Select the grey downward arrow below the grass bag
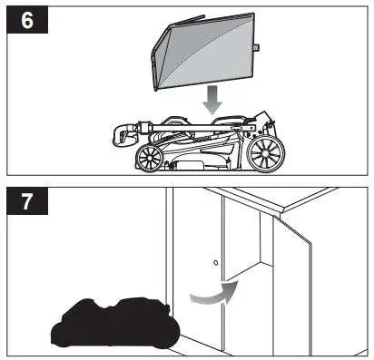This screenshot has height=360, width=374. tap(212, 99)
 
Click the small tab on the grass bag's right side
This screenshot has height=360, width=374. tap(258, 46)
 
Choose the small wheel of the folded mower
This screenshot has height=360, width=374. tap(148, 159)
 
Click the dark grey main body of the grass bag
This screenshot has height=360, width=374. tap(213, 50)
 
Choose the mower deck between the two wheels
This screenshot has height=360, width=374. tap(204, 154)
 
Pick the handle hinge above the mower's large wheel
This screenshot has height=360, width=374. tap(260, 123)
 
